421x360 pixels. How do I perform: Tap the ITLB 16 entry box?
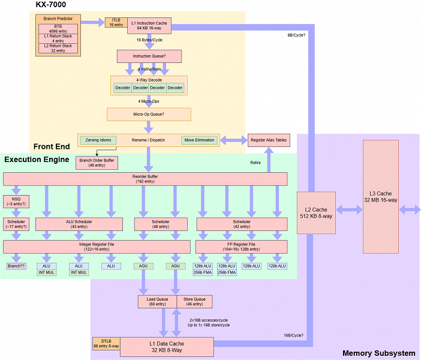click(x=116, y=23)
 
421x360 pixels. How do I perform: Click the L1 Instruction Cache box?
click(x=151, y=25)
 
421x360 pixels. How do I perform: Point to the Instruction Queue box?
click(x=150, y=56)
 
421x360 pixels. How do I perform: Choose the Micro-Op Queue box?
click(x=149, y=114)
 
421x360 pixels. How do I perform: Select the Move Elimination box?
click(x=199, y=140)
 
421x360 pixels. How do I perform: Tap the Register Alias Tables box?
click(x=268, y=140)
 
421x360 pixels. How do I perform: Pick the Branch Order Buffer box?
click(x=97, y=162)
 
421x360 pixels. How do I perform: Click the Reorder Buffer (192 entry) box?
click(x=145, y=179)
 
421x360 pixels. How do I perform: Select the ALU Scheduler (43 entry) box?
click(x=79, y=224)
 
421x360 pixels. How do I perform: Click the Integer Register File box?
click(x=97, y=246)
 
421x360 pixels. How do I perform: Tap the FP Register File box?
click(x=241, y=246)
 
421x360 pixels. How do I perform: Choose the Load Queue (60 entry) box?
click(x=157, y=301)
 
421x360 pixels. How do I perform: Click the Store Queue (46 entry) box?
click(x=194, y=301)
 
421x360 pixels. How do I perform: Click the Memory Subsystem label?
click(x=378, y=353)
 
